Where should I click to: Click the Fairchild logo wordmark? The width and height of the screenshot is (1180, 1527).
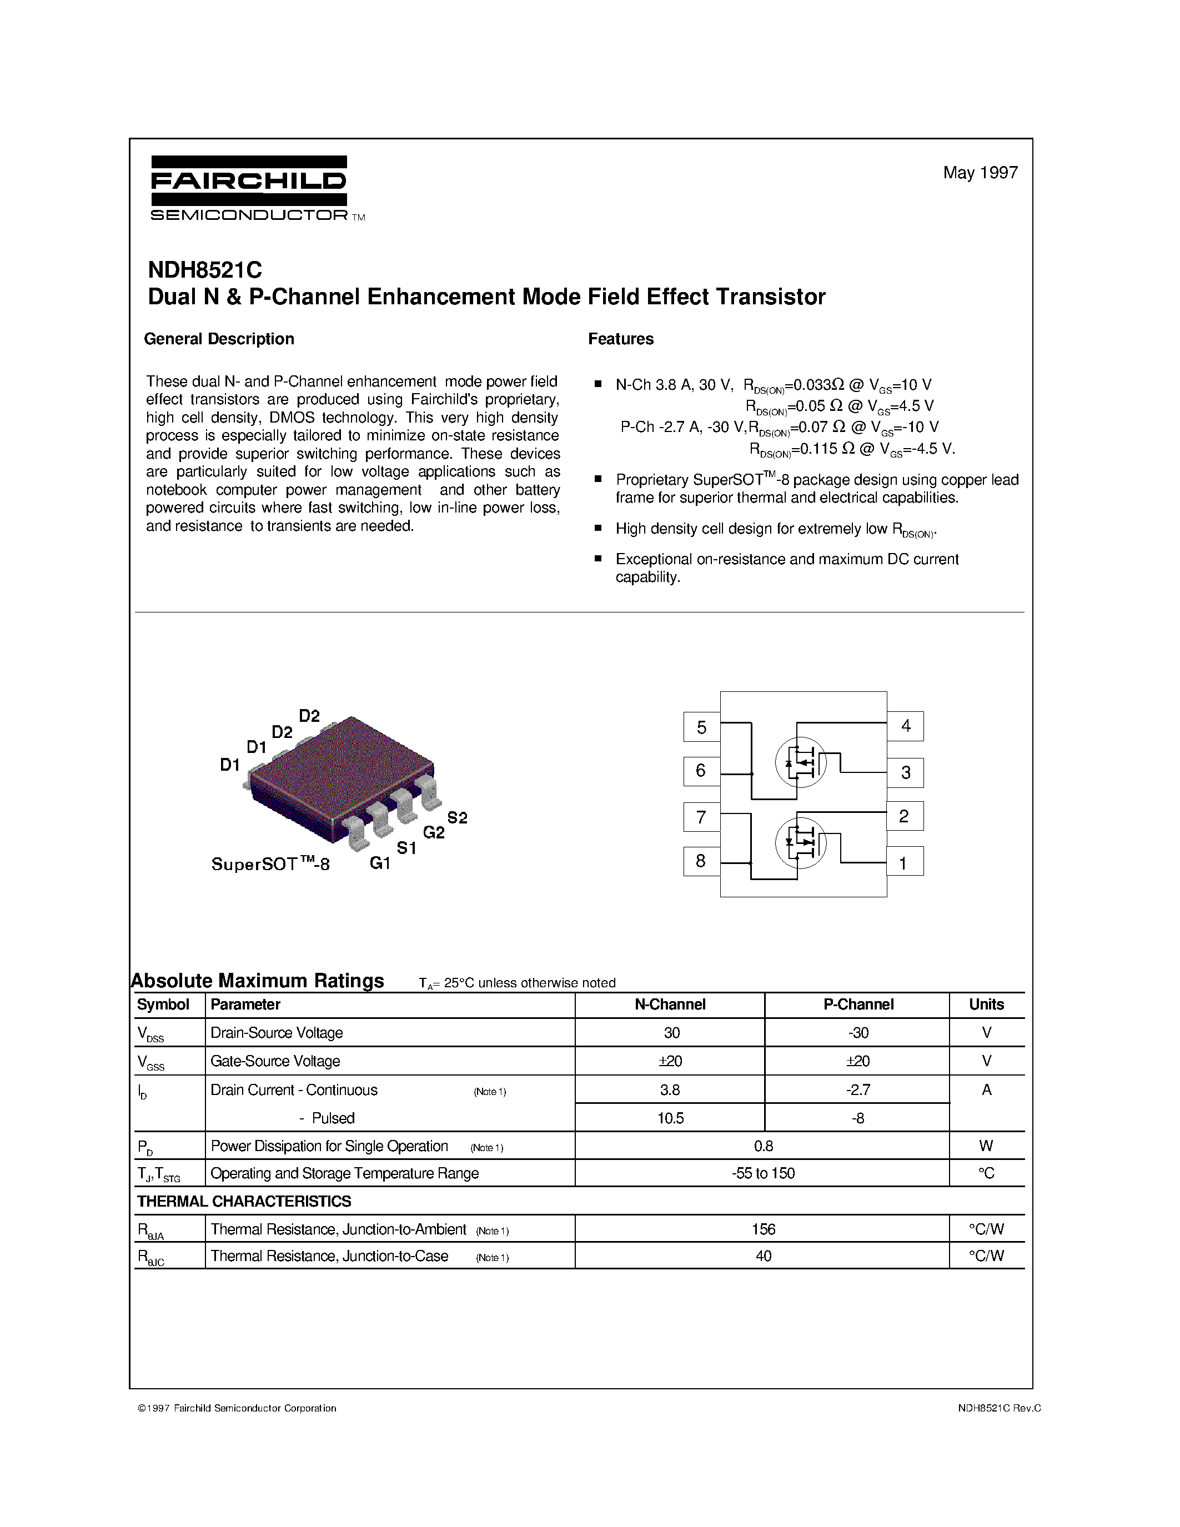(248, 182)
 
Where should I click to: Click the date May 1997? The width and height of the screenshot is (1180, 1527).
(980, 173)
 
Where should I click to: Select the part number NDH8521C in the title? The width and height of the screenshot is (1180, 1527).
(205, 270)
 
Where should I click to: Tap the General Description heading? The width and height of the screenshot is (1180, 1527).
(219, 339)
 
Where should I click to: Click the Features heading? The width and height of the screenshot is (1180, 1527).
(621, 339)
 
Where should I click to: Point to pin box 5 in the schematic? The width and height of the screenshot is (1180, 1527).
(701, 727)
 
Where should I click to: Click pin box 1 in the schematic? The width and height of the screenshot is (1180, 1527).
(904, 863)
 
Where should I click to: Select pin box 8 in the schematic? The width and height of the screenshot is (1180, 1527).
(701, 861)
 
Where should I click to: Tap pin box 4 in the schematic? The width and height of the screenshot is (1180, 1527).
(905, 726)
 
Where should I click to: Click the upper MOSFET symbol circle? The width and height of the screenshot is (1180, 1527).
(800, 761)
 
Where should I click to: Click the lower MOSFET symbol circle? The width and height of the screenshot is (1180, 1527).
(800, 842)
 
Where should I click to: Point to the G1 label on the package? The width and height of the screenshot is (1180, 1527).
(380, 863)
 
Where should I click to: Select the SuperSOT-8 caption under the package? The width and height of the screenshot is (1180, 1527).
(270, 864)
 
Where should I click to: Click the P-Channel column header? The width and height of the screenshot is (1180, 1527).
(858, 1004)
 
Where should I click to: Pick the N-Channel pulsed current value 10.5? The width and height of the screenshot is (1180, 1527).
(670, 1118)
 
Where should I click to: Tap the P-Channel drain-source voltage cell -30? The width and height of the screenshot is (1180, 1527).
(858, 1033)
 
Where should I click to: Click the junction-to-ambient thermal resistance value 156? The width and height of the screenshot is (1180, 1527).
(764, 1229)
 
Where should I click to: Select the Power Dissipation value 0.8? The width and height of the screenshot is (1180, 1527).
(764, 1146)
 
